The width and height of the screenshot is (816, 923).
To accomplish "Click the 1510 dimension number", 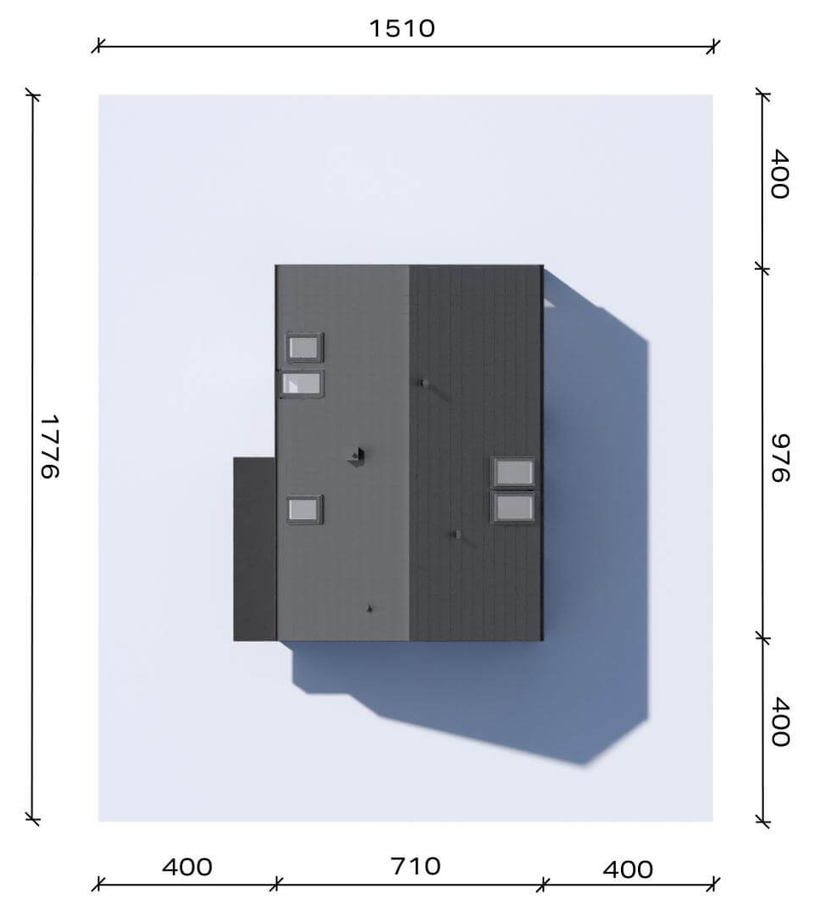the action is pyautogui.click(x=402, y=28).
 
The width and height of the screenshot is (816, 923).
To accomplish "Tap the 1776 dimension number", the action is pyautogui.click(x=49, y=447).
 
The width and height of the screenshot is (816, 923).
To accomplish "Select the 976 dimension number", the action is pyautogui.click(x=781, y=458).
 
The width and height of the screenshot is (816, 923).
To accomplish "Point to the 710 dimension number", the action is pyautogui.click(x=415, y=867).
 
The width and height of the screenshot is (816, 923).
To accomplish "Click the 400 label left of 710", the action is pyautogui.click(x=187, y=867).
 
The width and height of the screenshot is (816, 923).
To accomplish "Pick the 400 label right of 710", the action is pyautogui.click(x=628, y=869).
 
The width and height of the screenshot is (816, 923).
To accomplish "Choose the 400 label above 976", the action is pyautogui.click(x=781, y=175).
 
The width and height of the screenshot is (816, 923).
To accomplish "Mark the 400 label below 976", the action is pyautogui.click(x=781, y=722).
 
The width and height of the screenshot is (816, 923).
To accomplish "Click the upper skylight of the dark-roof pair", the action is pyautogui.click(x=514, y=472).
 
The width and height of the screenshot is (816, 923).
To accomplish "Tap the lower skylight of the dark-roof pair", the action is pyautogui.click(x=514, y=507).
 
